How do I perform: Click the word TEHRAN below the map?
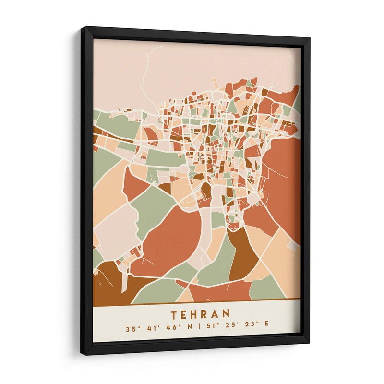click(x=200, y=314)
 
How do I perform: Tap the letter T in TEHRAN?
click(x=173, y=314)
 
